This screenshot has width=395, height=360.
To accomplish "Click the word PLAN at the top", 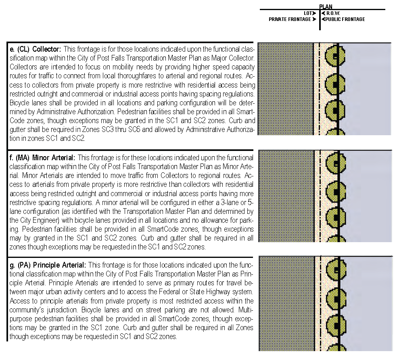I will (326, 6).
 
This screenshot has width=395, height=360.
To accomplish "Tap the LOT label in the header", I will (308, 13).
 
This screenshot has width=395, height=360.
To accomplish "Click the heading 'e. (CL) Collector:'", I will (36, 49).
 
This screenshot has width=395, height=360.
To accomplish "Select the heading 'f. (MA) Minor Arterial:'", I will (42, 157).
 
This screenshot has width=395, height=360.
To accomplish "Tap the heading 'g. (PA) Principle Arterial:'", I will (48, 265).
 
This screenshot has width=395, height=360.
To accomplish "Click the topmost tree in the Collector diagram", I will (335, 55).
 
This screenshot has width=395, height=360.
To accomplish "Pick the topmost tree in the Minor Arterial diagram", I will (335, 163).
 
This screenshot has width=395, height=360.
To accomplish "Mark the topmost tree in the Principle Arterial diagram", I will (335, 268).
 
